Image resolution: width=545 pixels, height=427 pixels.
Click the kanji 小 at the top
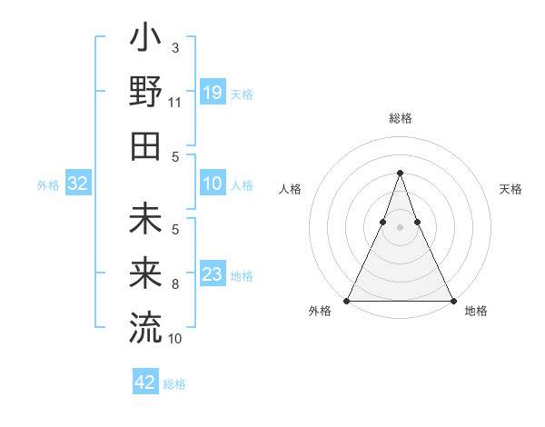tap(145, 42)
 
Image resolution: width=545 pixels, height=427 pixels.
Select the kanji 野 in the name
tap(145, 92)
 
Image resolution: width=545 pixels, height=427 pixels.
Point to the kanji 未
tap(145, 222)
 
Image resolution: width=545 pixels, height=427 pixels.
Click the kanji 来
tap(145, 273)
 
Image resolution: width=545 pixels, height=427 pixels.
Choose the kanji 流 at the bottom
tap(145, 325)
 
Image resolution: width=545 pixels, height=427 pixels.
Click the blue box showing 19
tap(213, 92)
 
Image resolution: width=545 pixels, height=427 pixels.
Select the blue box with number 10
tap(213, 184)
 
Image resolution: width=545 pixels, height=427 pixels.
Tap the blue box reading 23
tap(213, 274)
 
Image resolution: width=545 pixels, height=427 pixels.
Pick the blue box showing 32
tap(78, 184)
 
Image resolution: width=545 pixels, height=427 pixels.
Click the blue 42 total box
tap(145, 382)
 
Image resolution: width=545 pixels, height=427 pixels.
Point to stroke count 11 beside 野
tap(174, 103)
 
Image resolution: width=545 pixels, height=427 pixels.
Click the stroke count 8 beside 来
tap(175, 284)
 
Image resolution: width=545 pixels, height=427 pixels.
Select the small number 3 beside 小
tap(175, 46)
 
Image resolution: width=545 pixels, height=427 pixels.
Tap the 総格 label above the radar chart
tap(400, 118)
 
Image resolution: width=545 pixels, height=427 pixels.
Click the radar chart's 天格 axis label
tap(510, 189)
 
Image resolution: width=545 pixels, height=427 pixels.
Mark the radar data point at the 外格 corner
tap(347, 300)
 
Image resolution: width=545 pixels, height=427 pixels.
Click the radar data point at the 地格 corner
tap(452, 300)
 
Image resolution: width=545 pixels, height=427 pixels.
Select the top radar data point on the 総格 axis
tap(400, 173)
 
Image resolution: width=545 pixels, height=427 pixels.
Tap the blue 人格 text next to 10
tap(242, 184)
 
